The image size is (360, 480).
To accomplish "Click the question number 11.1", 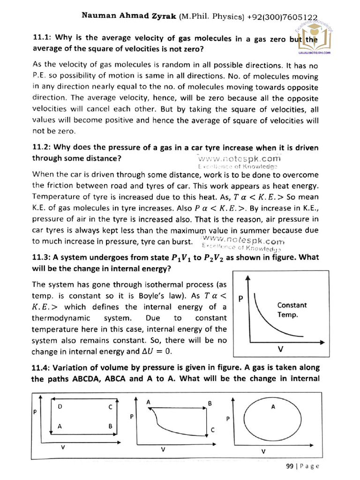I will [42, 40].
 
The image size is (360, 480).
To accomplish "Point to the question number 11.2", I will [42, 148].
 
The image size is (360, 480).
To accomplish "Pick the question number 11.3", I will [42, 257].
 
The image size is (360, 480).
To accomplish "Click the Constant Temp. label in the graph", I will [292, 310].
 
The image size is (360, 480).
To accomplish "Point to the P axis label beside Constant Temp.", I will [240, 298].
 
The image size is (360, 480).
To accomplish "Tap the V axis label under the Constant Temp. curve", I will [281, 349].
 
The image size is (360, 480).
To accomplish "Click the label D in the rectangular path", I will [60, 407].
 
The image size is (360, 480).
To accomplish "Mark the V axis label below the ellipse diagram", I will [263, 452].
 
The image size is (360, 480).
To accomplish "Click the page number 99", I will [289, 466].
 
